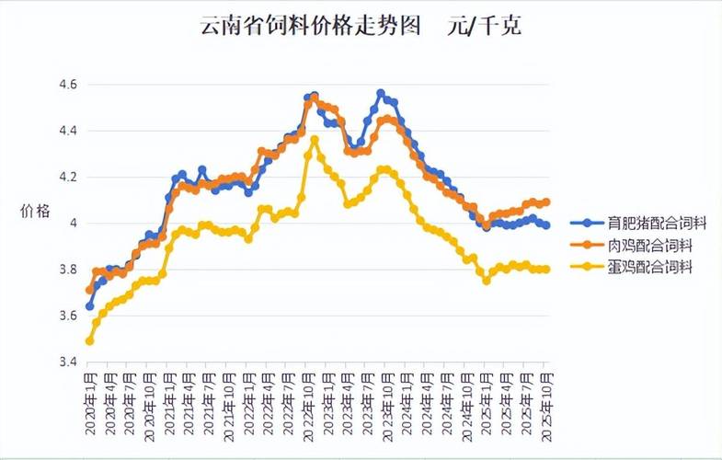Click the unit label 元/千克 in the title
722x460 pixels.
487,27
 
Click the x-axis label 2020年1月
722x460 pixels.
90,396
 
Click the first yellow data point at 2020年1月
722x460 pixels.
89,341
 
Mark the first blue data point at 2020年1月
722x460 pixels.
89,305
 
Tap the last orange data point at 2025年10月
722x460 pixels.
546,201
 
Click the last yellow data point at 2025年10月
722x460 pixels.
546,270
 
